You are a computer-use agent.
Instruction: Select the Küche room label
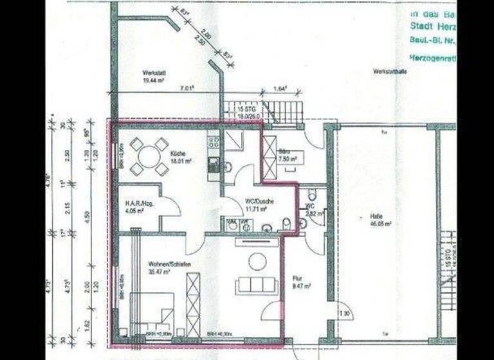coord(178,153)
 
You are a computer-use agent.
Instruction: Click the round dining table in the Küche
coord(149,156)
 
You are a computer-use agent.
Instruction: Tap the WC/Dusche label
coord(260,201)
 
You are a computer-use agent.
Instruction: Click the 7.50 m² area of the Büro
coord(287,158)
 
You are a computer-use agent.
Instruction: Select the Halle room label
coord(376,216)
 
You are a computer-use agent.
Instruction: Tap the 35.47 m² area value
coord(158,273)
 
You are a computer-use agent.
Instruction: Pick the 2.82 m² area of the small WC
coord(312,213)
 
